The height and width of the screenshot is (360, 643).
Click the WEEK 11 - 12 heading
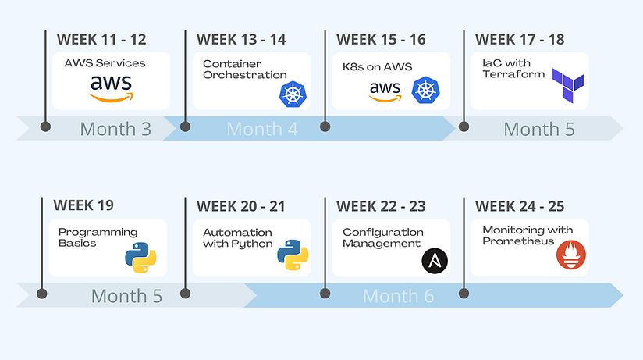coord(101,39)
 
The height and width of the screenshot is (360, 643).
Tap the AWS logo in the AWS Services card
coord(111,88)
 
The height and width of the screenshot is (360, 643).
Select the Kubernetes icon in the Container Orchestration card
coord(293,94)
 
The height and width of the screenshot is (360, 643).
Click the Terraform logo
coord(568,85)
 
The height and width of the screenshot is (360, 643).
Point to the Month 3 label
coord(115,129)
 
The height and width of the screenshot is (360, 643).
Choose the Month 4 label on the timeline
coord(262,129)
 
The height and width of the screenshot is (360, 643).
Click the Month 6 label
coord(398,296)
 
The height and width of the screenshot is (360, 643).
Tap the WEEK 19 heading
coord(83,205)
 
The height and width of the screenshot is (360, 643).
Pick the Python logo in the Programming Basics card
coord(140,258)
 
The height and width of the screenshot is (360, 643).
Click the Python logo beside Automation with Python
coord(293,255)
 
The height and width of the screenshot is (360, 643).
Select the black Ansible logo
coord(435,261)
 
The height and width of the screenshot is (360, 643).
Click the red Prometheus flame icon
coord(571,255)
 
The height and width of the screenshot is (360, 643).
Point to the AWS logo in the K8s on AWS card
coord(385,91)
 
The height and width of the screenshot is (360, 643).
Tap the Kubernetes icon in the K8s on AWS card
coord(425,90)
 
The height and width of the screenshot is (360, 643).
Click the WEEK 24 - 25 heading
coord(520,206)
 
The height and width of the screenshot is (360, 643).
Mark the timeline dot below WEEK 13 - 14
coord(186,127)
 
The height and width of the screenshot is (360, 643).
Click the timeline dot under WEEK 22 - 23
coord(325,293)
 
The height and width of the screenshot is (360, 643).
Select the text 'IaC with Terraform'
coord(513,69)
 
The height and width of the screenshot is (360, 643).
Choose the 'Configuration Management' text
coord(383,237)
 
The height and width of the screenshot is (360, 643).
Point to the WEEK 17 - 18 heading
coord(520,39)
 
